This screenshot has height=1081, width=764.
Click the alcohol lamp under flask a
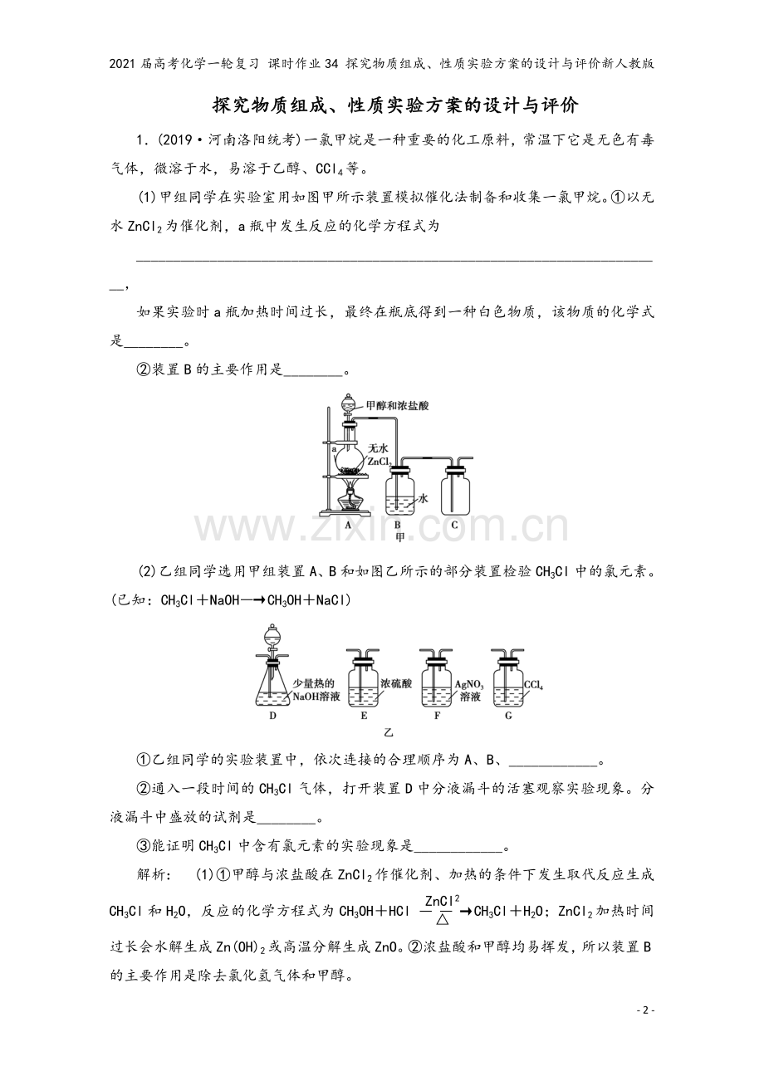(349, 498)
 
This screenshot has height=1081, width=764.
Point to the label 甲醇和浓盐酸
(397, 406)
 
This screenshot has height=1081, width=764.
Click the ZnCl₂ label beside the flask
(380, 462)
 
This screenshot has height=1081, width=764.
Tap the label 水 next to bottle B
(423, 498)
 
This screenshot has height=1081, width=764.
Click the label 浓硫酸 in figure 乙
(396, 684)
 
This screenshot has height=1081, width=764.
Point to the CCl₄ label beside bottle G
(534, 685)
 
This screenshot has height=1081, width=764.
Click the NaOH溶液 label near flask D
(316, 697)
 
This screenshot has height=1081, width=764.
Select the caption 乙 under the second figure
(389, 732)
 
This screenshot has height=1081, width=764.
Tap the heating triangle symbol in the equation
(443, 919)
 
